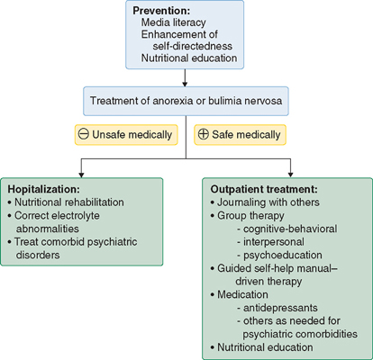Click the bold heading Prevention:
click(161, 11)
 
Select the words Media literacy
click(174, 22)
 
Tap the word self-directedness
click(193, 46)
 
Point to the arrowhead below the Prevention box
click(185, 84)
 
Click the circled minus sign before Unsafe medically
click(84, 134)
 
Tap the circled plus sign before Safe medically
click(203, 134)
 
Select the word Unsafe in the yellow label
click(108, 135)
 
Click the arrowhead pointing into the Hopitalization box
click(81, 175)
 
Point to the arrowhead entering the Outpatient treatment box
click(290, 174)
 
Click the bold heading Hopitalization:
click(44, 189)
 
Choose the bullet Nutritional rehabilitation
click(66, 202)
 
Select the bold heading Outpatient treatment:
click(264, 189)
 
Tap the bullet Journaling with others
click(265, 202)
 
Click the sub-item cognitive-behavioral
click(287, 229)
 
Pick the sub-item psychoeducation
click(279, 256)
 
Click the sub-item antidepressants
click(277, 308)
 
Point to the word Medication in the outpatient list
click(242, 294)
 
